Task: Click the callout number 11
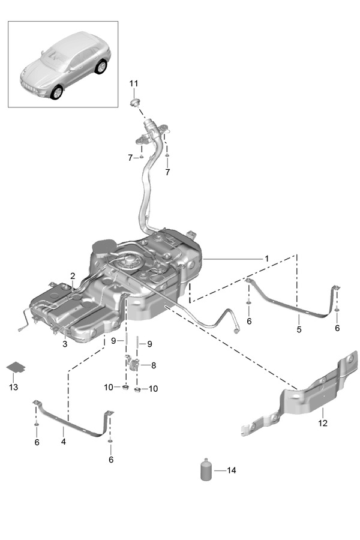tap(133, 83)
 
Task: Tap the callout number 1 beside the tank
tap(266, 258)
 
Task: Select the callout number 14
tap(232, 470)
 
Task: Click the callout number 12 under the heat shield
tap(323, 424)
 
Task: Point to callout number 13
tap(13, 387)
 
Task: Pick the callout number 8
tap(154, 364)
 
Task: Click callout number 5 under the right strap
tap(299, 329)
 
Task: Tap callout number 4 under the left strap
tap(62, 441)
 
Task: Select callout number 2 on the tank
tap(73, 276)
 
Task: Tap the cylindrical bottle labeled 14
tap(206, 469)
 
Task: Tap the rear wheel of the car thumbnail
tap(101, 67)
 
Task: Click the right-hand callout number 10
tap(153, 389)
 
